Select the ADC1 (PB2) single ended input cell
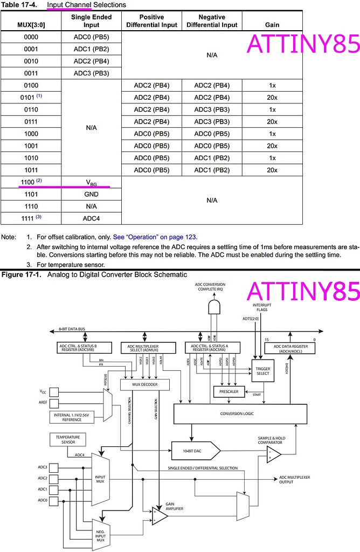91,50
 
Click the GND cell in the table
91,194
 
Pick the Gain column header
272,25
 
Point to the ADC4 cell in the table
91,218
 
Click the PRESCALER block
229,391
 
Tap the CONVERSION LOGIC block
237,413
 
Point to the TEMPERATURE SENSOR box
68,439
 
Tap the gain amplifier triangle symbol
159,516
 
